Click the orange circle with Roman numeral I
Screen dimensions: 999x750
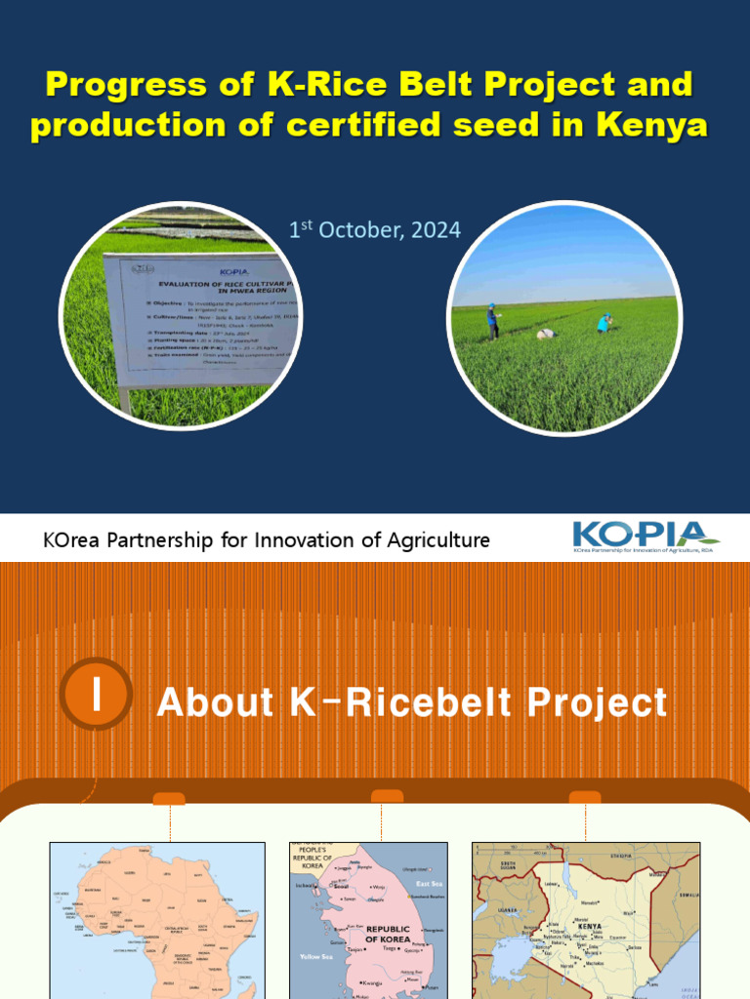pyautogui.click(x=96, y=694)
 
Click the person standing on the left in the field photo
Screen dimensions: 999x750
pyautogui.click(x=492, y=320)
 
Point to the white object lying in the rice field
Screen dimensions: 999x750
pyautogui.click(x=546, y=334)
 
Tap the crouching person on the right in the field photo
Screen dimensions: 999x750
pyautogui.click(x=604, y=323)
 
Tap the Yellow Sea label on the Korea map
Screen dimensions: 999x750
pyautogui.click(x=316, y=956)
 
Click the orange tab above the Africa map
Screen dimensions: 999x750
pyautogui.click(x=169, y=799)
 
